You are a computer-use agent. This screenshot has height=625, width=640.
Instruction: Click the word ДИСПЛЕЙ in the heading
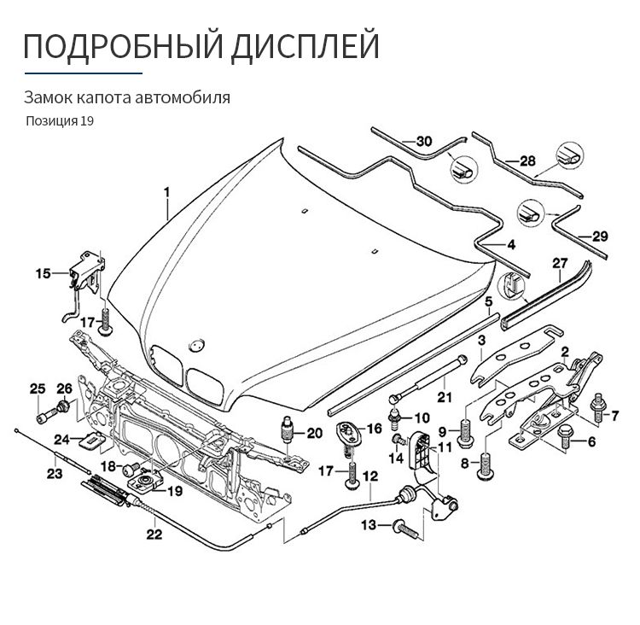[305, 44]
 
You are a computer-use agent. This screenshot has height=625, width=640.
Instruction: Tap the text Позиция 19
[60, 120]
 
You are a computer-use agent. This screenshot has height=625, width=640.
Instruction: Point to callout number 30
[424, 141]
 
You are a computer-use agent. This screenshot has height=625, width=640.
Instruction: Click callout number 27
[560, 262]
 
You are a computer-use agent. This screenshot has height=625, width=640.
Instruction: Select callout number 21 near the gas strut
[445, 396]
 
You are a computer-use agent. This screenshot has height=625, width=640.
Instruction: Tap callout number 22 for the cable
[154, 536]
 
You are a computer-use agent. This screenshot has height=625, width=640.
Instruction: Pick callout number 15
[44, 274]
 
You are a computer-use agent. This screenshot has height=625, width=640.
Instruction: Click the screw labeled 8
[486, 466]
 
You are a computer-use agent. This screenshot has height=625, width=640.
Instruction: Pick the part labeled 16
[347, 431]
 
